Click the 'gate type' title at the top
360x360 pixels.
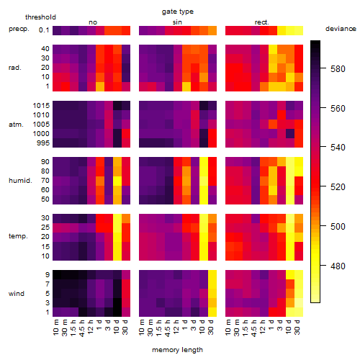178,12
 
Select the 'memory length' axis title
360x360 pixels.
177,350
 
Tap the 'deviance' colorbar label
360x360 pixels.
341,29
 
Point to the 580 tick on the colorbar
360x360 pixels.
338,69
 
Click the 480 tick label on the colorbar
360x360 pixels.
338,266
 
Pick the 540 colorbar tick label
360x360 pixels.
338,147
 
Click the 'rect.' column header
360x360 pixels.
262,22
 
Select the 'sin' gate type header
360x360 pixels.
177,22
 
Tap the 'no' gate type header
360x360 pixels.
93,22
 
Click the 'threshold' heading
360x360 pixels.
40,17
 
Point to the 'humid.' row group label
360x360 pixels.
20,181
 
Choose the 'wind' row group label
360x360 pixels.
17,294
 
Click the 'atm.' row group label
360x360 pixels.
16,125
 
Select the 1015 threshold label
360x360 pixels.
41,106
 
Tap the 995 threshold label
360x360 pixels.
43,143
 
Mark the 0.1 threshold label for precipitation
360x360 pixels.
44,30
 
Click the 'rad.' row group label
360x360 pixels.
15,68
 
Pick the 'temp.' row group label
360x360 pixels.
18,236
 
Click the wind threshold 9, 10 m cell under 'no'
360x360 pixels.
57,275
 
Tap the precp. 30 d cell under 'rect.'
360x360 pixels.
299,30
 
